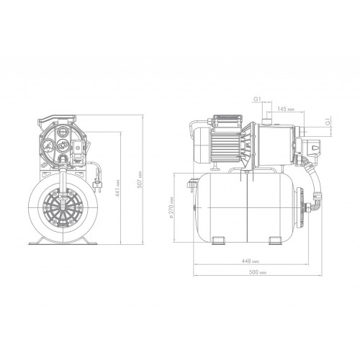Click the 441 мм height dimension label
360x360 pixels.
(118, 189)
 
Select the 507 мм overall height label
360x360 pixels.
(140, 179)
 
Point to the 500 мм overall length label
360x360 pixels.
(258, 272)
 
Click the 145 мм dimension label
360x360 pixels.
(286, 109)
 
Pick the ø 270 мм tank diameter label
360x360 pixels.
(171, 207)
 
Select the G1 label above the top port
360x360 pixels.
(258, 99)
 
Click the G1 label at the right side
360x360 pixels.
(328, 122)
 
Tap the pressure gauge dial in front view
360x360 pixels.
(49, 145)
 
